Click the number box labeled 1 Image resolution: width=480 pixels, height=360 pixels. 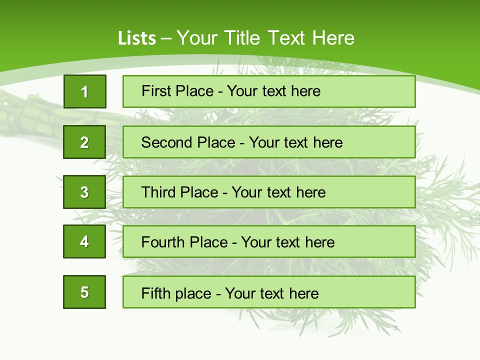click(x=85, y=91)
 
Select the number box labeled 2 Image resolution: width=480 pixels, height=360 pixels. click(x=84, y=142)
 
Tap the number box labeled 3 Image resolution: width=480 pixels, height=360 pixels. click(x=84, y=192)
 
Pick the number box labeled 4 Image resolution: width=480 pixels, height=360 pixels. click(x=84, y=241)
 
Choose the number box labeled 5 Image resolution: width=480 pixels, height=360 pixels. click(x=84, y=292)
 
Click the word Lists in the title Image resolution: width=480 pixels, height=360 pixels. click(x=137, y=38)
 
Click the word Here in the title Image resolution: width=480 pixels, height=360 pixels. click(x=333, y=38)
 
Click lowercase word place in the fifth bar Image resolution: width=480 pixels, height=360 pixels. click(x=193, y=293)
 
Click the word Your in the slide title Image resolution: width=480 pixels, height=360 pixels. click(x=198, y=38)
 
